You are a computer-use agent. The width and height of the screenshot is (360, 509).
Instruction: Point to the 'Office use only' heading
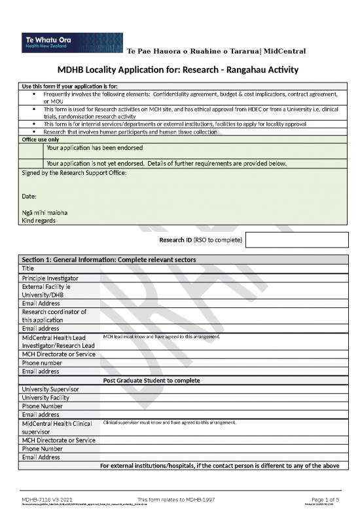41,139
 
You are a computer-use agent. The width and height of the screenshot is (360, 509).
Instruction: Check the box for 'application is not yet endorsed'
32,162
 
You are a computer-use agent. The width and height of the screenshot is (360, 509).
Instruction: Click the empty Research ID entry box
297,240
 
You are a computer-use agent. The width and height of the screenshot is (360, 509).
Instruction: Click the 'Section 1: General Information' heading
109,259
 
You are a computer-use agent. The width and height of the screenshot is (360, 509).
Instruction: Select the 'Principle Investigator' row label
50,278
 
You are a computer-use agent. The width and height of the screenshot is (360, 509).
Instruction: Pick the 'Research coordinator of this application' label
54,316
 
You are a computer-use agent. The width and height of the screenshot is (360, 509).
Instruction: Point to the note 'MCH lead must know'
161,337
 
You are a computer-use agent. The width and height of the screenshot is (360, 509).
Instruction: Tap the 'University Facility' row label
48,398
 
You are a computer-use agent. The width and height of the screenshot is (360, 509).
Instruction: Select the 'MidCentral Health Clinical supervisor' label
57,427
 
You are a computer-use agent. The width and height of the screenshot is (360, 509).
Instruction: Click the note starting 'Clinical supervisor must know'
170,423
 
